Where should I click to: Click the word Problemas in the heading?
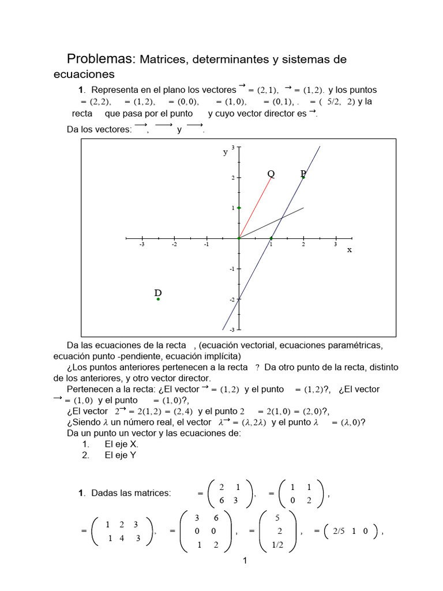tap(100, 59)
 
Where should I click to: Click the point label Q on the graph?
tap(271, 174)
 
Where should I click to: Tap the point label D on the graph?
tap(157, 293)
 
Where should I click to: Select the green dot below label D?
tap(158, 299)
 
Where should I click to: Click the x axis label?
tap(349, 250)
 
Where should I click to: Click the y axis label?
tap(226, 152)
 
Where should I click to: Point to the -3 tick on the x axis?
tap(142, 244)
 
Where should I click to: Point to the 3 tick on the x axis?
tap(336, 244)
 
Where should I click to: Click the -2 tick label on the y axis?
tap(232, 300)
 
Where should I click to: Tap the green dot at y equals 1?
tap(239, 208)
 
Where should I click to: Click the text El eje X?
tap(121, 444)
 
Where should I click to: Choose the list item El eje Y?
tap(121, 455)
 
